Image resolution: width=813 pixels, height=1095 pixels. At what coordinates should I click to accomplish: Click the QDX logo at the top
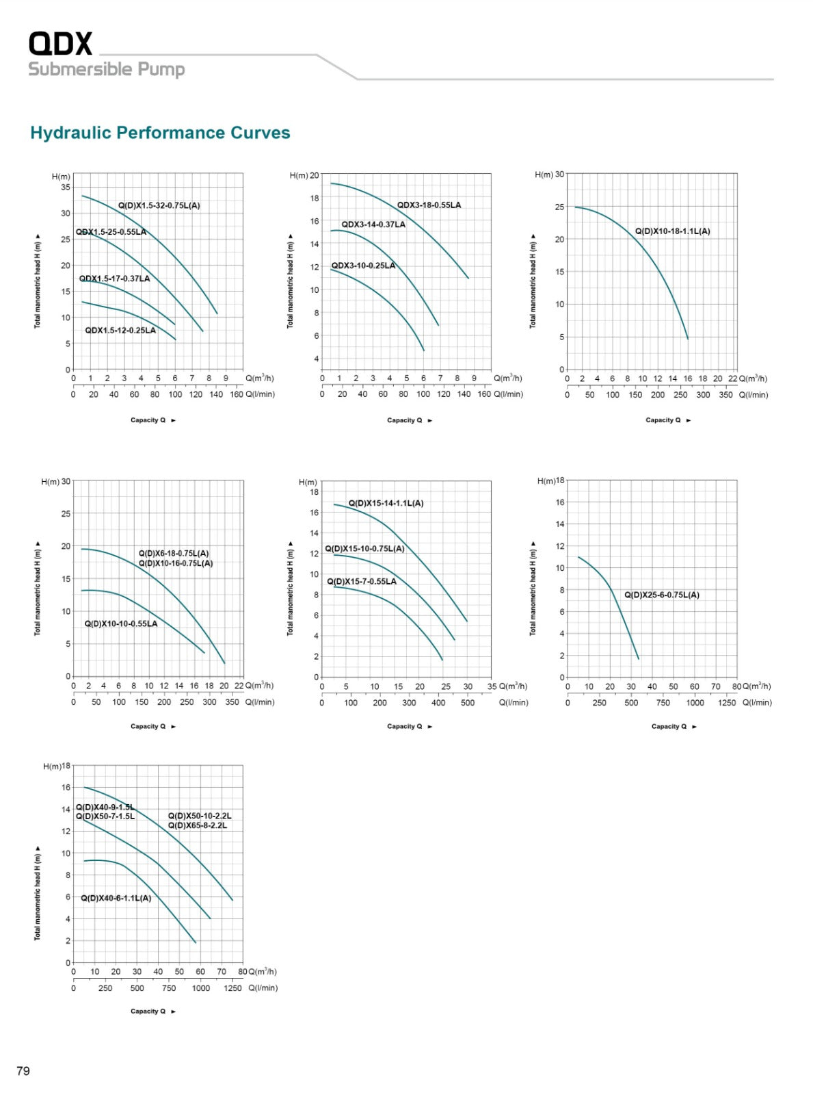pyautogui.click(x=60, y=43)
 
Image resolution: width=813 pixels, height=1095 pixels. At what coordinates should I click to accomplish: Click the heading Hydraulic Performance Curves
pyautogui.click(x=160, y=133)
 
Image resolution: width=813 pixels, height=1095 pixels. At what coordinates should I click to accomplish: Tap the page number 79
pyautogui.click(x=23, y=1070)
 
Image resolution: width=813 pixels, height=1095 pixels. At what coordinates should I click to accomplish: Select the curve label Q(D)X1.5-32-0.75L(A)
pyautogui.click(x=159, y=205)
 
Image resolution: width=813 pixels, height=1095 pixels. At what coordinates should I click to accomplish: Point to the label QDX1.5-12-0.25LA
pyautogui.click(x=120, y=331)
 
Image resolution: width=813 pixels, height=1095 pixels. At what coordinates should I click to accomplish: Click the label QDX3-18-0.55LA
pyautogui.click(x=429, y=205)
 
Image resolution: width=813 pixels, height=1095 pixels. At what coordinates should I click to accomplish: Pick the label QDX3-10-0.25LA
pyautogui.click(x=363, y=266)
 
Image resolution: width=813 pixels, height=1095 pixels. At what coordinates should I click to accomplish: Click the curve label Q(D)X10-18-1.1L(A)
pyautogui.click(x=672, y=231)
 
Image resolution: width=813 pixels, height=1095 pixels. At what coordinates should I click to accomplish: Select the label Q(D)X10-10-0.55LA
pyautogui.click(x=121, y=623)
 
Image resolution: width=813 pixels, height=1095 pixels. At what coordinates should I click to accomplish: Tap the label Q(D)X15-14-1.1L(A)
pyautogui.click(x=386, y=503)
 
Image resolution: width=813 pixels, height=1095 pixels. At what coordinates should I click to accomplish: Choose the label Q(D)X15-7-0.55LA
pyautogui.click(x=362, y=582)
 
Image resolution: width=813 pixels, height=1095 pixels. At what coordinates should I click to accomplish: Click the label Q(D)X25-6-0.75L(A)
pyautogui.click(x=662, y=595)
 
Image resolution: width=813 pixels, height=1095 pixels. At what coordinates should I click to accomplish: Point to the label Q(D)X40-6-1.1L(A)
pyautogui.click(x=116, y=898)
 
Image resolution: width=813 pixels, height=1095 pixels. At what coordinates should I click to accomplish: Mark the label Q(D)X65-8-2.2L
pyautogui.click(x=198, y=825)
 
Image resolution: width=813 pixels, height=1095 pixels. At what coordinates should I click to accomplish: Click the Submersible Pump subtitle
pyautogui.click(x=107, y=69)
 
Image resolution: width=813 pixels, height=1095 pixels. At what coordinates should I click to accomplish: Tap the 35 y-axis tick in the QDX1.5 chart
pyautogui.click(x=66, y=187)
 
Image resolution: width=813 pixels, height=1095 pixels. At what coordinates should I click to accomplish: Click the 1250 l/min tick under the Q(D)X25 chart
pyautogui.click(x=727, y=703)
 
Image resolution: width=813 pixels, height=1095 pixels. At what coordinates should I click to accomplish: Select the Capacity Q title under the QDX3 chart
pyautogui.click(x=405, y=420)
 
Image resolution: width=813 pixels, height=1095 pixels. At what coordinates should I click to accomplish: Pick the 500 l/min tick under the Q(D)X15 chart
pyautogui.click(x=468, y=703)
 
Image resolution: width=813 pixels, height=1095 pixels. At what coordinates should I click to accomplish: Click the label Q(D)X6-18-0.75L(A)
pyautogui.click(x=174, y=554)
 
